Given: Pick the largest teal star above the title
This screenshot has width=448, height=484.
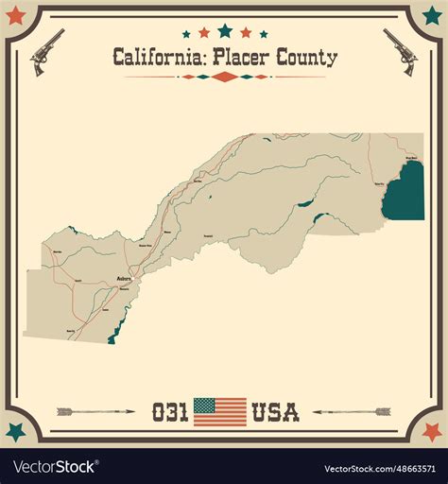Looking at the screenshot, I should [224, 30].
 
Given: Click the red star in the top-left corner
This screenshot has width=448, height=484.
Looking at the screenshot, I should [15, 16].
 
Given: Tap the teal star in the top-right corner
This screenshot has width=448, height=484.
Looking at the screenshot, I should [432, 16].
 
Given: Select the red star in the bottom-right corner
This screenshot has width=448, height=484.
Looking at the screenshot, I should [432, 432].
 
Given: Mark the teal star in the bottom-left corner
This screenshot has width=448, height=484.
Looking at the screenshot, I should [15, 432].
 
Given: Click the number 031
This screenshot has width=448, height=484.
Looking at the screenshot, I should [170, 412].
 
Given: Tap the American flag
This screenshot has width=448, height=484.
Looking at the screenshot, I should [219, 411].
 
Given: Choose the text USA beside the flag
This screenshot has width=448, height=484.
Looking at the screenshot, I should [275, 412].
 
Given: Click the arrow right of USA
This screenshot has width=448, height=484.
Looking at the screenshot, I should [352, 412].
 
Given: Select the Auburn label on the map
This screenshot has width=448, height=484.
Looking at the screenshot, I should [124, 279].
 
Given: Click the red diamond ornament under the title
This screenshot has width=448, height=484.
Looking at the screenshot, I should [224, 77].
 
